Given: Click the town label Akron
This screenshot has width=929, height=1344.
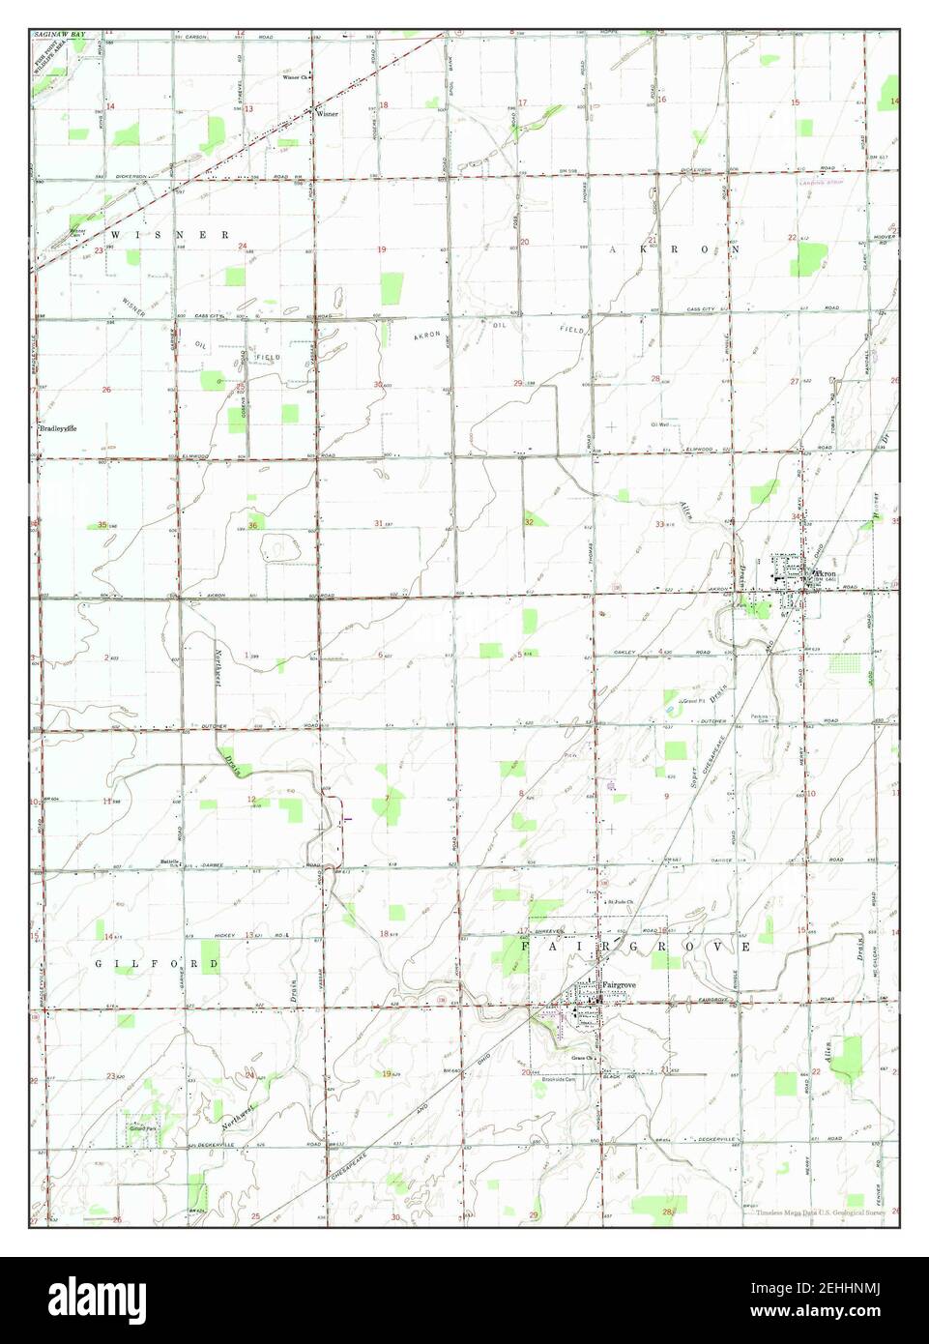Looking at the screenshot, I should (824, 573).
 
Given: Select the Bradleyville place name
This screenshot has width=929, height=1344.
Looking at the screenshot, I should (58, 427).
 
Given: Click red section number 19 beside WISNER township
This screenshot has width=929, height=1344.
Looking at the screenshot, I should (381, 249).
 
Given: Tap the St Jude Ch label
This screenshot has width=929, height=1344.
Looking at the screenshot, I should (619, 903).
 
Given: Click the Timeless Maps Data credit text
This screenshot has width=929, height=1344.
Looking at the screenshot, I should (822, 1212).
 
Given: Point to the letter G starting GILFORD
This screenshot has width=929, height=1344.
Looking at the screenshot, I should (100, 965).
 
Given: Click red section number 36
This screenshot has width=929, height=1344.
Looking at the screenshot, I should (253, 525).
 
